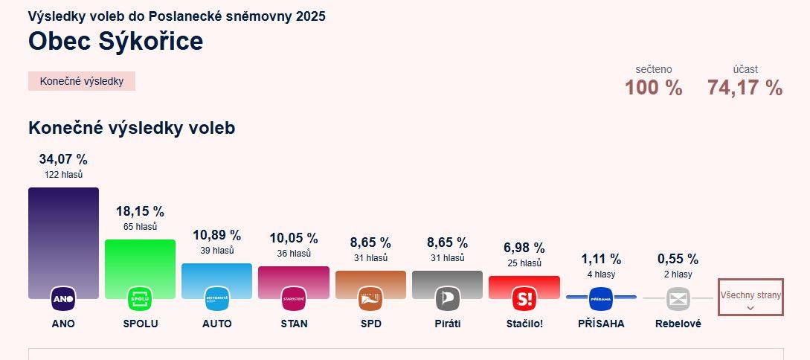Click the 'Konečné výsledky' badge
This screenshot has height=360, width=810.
(x=82, y=81)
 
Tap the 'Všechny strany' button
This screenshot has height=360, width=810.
(x=750, y=297)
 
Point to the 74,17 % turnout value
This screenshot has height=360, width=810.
(x=745, y=88)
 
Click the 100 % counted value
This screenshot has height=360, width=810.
(x=653, y=88)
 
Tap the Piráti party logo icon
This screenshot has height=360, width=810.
(x=447, y=299)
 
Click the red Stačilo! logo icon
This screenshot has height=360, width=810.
(x=524, y=299)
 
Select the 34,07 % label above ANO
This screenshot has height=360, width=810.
(x=63, y=159)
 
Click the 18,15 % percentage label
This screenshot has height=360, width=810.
(x=140, y=211)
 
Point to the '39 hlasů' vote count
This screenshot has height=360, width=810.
(x=217, y=251)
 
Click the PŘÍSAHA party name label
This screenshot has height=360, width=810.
(x=601, y=324)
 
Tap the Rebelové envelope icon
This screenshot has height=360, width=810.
(x=678, y=299)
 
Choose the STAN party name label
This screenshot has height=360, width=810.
(x=294, y=324)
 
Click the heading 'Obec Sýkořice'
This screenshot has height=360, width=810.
(x=115, y=42)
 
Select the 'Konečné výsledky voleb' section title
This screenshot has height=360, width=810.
(x=132, y=128)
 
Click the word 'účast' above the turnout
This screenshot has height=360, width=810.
(x=745, y=69)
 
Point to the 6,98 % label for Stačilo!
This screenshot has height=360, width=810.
(x=524, y=248)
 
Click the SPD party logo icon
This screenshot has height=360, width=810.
(x=370, y=299)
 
